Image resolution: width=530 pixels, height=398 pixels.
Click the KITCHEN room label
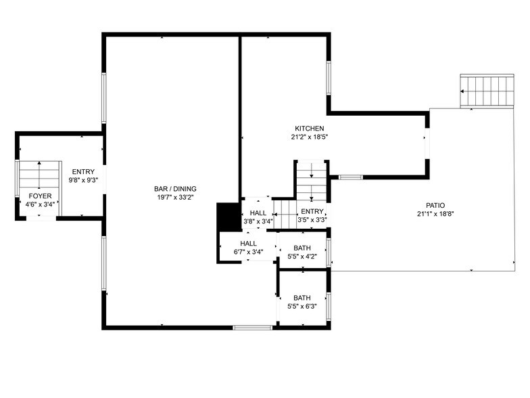pos(309,129)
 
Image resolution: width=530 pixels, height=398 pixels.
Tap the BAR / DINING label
pos(174,189)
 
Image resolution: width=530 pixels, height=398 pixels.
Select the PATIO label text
pos(435,206)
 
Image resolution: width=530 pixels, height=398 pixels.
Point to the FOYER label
pos(39,196)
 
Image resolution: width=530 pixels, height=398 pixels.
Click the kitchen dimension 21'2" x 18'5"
pos(309,137)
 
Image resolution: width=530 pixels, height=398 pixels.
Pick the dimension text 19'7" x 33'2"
pos(174,198)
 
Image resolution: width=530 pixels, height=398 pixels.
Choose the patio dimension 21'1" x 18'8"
pos(435,214)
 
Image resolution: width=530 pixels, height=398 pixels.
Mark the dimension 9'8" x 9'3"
pos(84,181)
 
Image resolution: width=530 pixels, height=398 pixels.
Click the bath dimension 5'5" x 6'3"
pos(302,306)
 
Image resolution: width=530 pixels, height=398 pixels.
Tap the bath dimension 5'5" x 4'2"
pos(302,256)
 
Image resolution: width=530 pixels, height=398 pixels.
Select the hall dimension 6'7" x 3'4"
pos(248,252)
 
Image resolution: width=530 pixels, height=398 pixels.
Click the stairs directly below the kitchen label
pos(311,181)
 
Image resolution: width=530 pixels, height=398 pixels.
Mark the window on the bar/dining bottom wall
pos(252,328)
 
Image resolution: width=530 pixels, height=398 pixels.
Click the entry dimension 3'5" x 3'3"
pos(312,220)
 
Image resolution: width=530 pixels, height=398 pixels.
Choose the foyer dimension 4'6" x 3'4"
pos(39,204)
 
